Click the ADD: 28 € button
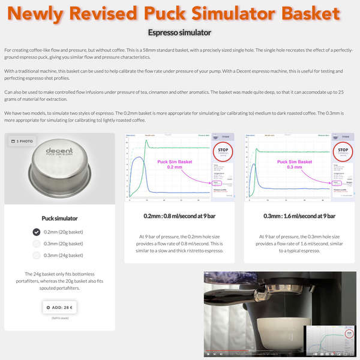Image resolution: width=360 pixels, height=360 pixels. (x=59, y=307)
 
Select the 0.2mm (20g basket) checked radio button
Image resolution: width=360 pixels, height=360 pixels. (x=37, y=232)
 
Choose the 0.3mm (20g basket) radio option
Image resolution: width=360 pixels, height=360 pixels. (x=37, y=244)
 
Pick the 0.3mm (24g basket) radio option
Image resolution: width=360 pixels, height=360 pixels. (x=37, y=256)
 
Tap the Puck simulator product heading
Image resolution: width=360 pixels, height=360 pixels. (x=59, y=218)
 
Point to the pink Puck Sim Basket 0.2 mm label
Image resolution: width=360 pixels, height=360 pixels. (x=173, y=164)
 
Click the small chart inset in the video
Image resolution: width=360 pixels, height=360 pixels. (x=329, y=340)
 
